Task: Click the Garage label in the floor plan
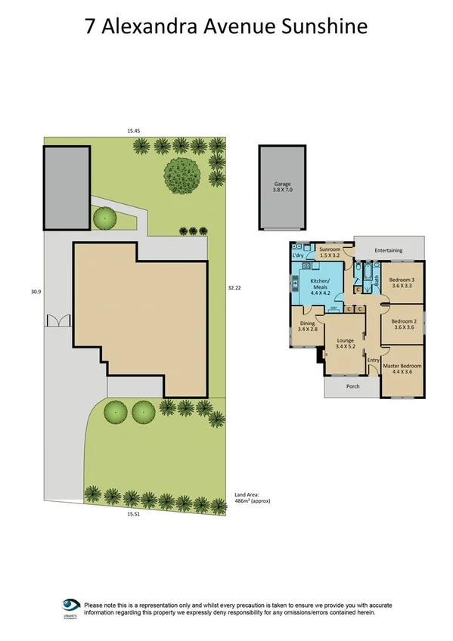pyautogui.click(x=282, y=184)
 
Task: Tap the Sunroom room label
pyautogui.click(x=328, y=249)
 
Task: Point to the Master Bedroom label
pyautogui.click(x=402, y=367)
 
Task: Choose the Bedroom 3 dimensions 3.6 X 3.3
pyautogui.click(x=403, y=286)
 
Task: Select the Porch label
pyautogui.click(x=352, y=386)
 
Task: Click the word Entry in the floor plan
pyautogui.click(x=373, y=360)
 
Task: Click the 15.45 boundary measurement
pyautogui.click(x=133, y=131)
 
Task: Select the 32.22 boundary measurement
pyautogui.click(x=234, y=287)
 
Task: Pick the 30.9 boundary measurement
pyautogui.click(x=35, y=291)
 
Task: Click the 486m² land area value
pyautogui.click(x=252, y=500)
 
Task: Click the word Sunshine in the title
pyautogui.click(x=331, y=27)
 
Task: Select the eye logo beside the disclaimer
pyautogui.click(x=71, y=605)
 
